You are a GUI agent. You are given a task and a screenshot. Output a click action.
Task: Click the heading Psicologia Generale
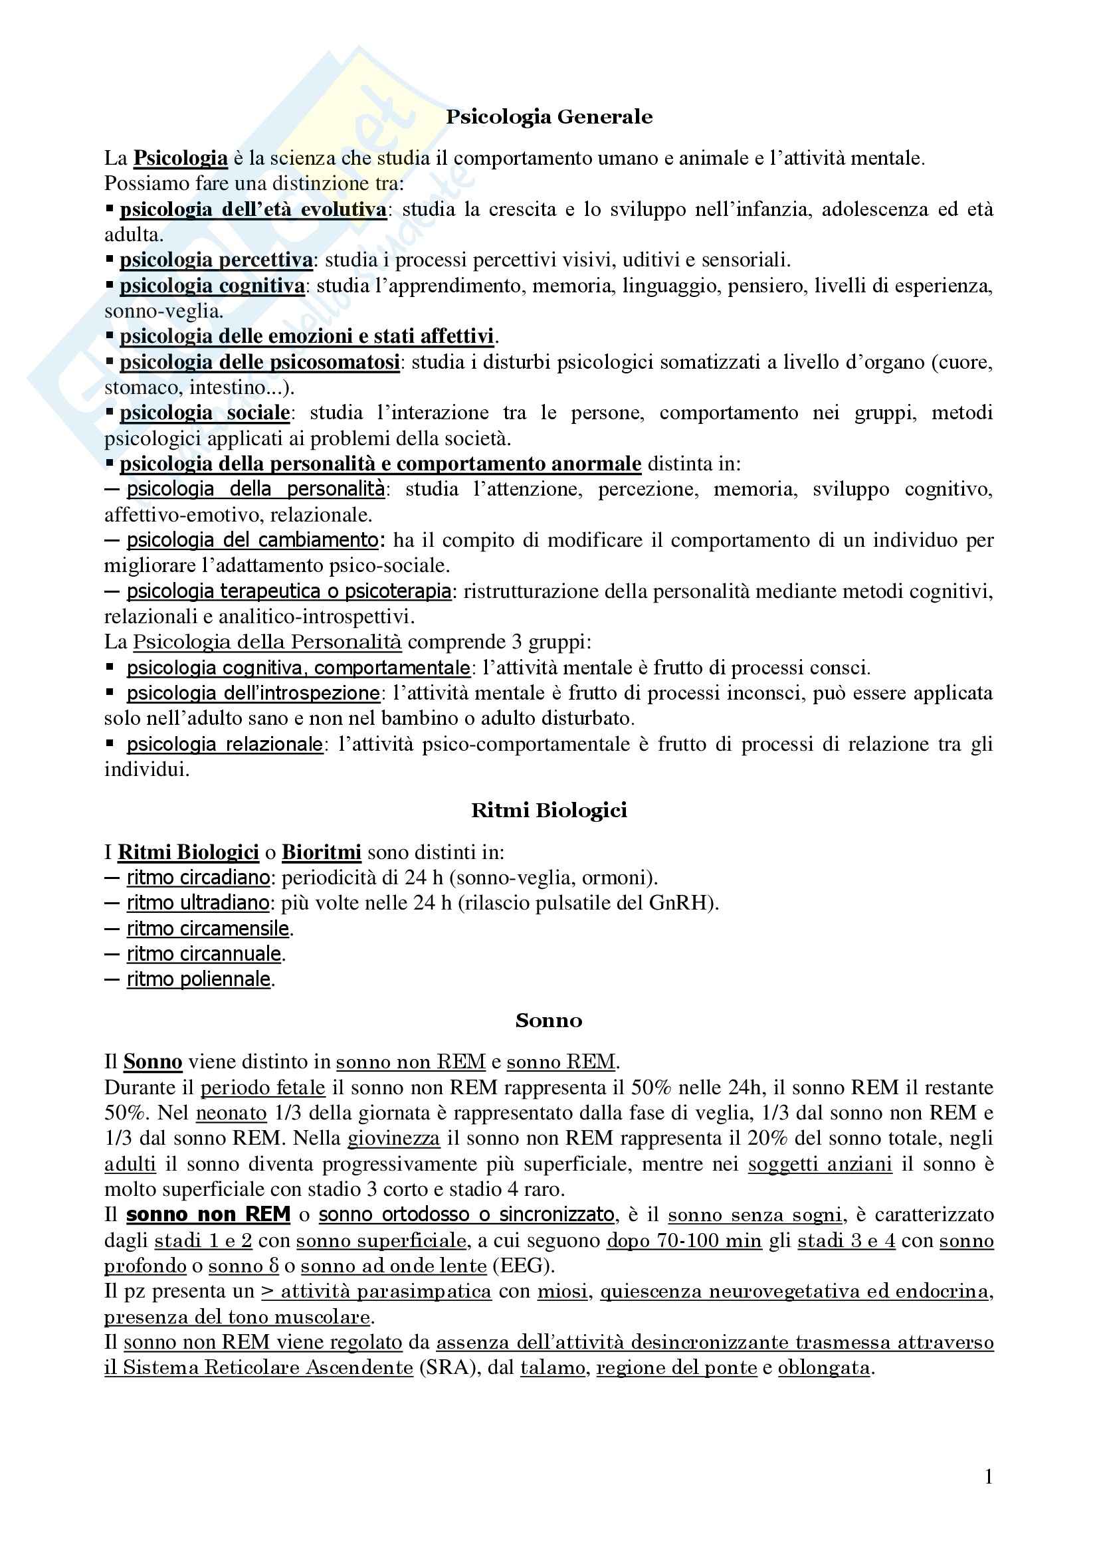point(549,117)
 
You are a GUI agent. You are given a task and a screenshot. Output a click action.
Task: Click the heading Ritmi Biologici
point(549,810)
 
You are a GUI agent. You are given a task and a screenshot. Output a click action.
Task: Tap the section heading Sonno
point(548,1020)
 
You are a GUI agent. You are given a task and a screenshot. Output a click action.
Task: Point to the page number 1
point(989,1476)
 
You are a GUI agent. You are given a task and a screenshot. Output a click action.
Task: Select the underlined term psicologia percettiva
point(216,260)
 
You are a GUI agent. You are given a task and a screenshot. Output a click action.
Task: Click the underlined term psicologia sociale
point(205,413)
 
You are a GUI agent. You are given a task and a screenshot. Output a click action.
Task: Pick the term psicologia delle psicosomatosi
point(259,362)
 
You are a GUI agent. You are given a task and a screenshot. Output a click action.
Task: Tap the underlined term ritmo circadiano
point(198,878)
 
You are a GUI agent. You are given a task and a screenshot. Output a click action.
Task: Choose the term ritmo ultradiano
point(198,903)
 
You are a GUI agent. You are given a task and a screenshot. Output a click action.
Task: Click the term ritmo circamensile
point(208,929)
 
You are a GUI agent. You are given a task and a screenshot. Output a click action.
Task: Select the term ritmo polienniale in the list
point(198,979)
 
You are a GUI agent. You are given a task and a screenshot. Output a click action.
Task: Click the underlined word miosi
point(562,1292)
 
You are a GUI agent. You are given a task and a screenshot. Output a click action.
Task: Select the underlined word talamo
point(552,1367)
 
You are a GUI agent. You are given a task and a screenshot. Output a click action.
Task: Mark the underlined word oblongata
point(823,1367)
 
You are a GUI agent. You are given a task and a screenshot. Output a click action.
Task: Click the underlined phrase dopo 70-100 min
point(684,1240)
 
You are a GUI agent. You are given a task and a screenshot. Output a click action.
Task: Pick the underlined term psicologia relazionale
point(225,745)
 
